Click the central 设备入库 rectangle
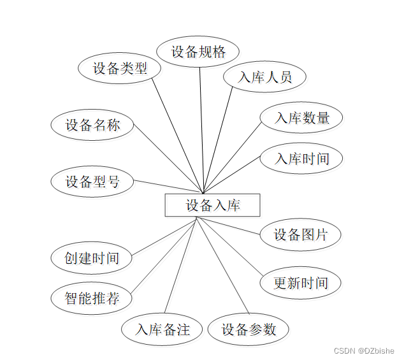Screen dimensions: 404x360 pyautogui.click(x=212, y=205)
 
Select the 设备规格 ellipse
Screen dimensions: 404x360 pyautogui.click(x=198, y=52)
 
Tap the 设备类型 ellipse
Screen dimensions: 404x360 pyautogui.click(x=119, y=68)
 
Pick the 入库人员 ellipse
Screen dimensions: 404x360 pyautogui.click(x=264, y=77)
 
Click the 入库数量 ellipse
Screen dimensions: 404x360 pyautogui.click(x=301, y=118)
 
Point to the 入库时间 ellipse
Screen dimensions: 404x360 pyautogui.click(x=301, y=158)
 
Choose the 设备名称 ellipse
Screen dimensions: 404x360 pyautogui.click(x=92, y=125)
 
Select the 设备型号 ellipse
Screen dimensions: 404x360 pyautogui.click(x=92, y=182)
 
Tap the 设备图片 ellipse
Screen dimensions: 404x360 pyautogui.click(x=300, y=234)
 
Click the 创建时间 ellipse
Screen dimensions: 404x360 pyautogui.click(x=92, y=258)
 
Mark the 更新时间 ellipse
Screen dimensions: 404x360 pyautogui.click(x=300, y=283)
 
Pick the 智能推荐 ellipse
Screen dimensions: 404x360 pyautogui.click(x=92, y=298)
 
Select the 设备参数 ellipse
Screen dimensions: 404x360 pyautogui.click(x=249, y=329)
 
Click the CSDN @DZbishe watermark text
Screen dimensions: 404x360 pyautogui.click(x=364, y=350)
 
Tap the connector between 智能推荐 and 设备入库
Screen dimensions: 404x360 pyautogui.click(x=162, y=254)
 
